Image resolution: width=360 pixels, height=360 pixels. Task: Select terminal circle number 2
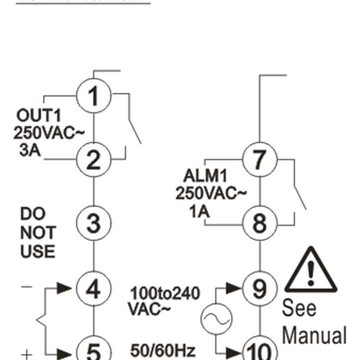(x=93, y=160)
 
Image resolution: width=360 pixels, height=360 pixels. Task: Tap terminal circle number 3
(x=93, y=224)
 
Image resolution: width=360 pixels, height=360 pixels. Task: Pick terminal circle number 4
(x=93, y=288)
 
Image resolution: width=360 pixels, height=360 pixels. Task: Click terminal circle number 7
(x=259, y=160)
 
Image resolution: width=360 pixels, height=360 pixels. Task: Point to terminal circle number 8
(x=259, y=224)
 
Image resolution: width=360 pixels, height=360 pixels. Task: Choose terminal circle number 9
(x=259, y=288)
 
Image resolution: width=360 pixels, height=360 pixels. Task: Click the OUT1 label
(x=38, y=115)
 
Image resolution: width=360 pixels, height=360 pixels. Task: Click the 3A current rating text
(x=30, y=150)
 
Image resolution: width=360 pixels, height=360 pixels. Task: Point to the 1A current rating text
(x=199, y=211)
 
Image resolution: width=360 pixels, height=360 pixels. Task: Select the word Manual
(x=314, y=336)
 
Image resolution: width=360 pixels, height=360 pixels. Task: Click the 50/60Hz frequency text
(x=163, y=350)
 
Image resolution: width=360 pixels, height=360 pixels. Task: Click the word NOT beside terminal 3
(x=38, y=233)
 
